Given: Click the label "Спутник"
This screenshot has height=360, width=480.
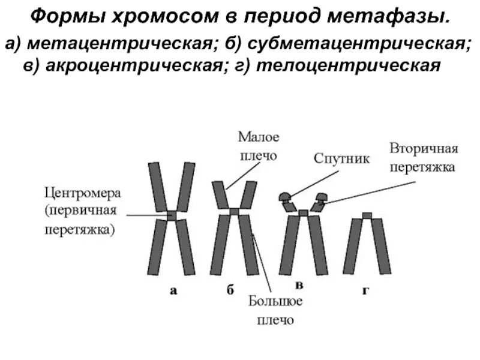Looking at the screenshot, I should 342,158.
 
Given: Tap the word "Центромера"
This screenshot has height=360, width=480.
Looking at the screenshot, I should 83,194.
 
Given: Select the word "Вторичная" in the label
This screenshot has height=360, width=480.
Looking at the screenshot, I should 424,149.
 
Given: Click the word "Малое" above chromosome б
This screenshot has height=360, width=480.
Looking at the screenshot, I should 259,137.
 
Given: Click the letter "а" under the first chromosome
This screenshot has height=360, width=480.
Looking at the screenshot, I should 173,292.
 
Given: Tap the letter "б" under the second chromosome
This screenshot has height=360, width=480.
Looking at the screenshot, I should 230,292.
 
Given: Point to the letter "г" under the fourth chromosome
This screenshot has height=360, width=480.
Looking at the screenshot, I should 365,292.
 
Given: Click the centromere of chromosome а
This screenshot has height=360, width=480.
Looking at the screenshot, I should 173,215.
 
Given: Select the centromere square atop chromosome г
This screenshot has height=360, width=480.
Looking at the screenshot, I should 367,215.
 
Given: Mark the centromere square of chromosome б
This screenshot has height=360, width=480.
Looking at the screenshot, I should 235,211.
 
